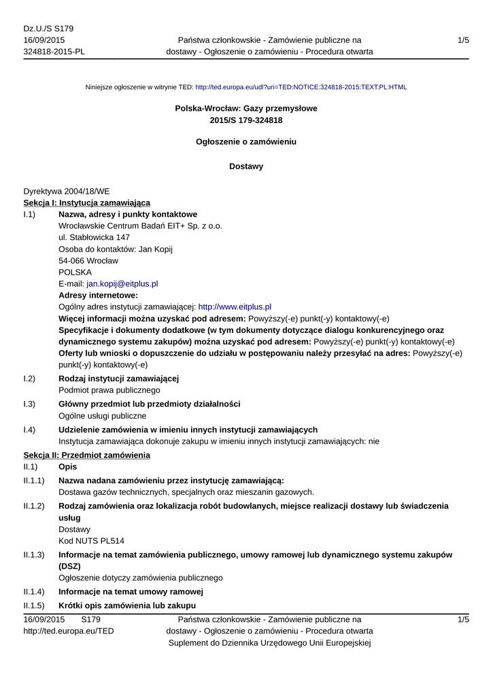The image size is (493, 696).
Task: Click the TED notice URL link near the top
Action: pos(301,88)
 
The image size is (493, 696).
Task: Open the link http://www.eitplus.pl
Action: pos(235,307)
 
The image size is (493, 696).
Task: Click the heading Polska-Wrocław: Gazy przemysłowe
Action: pos(246,108)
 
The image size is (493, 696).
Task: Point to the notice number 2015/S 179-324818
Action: pos(246,120)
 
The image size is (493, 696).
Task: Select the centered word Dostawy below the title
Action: pos(246,166)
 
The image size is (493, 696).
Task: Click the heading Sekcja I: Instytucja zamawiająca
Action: pos(87,203)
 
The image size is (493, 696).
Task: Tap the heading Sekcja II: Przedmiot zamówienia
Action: pos(86,454)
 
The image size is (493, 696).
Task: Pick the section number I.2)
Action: pos(29,379)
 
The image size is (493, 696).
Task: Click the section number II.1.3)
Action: pos(34,555)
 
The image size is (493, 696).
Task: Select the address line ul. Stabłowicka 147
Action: pos(94,237)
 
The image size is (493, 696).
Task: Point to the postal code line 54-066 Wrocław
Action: pos(88,260)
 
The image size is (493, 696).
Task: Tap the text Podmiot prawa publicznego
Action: pos(109,390)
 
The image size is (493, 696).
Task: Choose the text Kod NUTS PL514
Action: pos(92,541)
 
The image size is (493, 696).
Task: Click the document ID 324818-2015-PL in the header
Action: pos(54,52)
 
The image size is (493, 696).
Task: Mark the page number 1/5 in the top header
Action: pos(463,40)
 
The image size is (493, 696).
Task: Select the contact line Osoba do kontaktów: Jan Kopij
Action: pos(116,249)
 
